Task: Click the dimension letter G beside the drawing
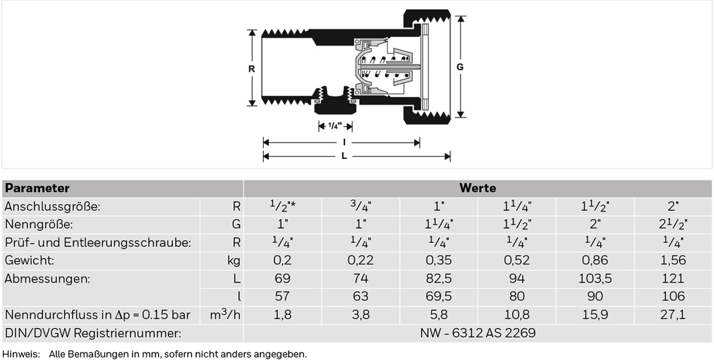[460, 67]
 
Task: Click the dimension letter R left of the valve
[252, 69]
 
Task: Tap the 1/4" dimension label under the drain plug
[335, 126]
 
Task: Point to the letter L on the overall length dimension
[344, 156]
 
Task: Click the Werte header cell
[477, 188]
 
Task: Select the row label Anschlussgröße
[52, 207]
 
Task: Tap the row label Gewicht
[29, 261]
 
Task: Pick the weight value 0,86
[595, 260]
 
